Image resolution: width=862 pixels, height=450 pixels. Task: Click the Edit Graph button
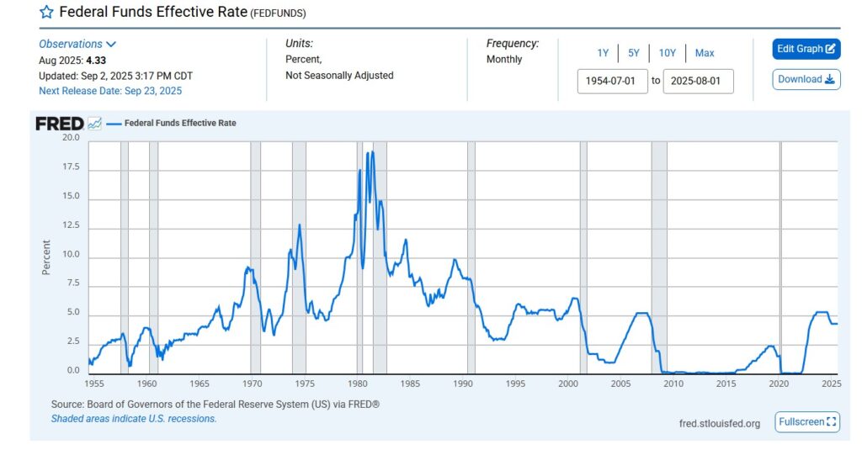[806, 49]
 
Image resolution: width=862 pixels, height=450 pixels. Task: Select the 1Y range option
[603, 53]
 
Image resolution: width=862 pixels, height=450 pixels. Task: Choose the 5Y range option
[633, 53]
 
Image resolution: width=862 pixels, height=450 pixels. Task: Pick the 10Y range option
[668, 53]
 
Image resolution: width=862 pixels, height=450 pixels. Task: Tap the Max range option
[705, 53]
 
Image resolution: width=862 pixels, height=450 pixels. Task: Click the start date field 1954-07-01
[612, 81]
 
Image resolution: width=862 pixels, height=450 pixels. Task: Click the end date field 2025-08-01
[698, 81]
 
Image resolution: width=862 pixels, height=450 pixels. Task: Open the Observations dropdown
[77, 44]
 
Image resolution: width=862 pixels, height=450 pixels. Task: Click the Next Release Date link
[110, 91]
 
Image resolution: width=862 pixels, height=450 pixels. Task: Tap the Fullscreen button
[807, 422]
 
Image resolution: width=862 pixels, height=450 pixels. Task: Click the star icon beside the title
[46, 13]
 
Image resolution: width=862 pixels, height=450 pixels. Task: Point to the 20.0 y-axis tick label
[71, 137]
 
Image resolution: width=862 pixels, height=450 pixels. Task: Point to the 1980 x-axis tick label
[359, 384]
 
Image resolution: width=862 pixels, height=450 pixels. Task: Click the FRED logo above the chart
[60, 124]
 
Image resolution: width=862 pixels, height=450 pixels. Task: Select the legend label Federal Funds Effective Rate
[180, 123]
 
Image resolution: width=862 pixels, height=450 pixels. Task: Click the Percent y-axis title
[46, 257]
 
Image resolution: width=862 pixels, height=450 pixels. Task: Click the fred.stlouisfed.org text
[719, 423]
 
